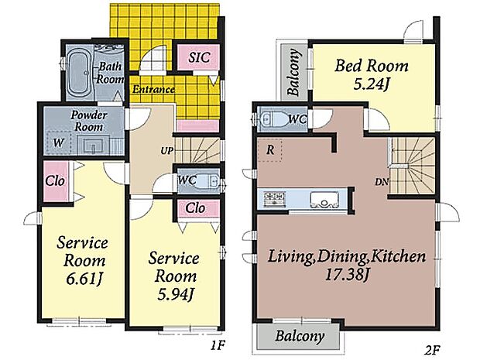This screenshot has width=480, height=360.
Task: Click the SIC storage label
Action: click(x=199, y=57)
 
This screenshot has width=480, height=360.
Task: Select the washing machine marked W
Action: click(x=59, y=142)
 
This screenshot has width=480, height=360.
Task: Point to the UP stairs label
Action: click(x=166, y=151)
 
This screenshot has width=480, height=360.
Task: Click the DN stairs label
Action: click(x=382, y=182)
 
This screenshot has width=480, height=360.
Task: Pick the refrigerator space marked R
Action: click(x=269, y=150)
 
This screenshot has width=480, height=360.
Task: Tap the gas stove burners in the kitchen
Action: click(x=275, y=199)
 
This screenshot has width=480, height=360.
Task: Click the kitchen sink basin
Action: click(x=324, y=199)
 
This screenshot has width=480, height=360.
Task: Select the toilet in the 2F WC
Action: click(x=273, y=119)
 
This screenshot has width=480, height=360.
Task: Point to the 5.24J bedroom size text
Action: click(x=371, y=84)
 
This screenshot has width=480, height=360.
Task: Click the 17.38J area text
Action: click(x=346, y=275)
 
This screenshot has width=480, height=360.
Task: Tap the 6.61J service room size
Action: click(x=84, y=279)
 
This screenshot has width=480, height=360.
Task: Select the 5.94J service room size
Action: click(x=176, y=294)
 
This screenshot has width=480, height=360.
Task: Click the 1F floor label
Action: click(x=218, y=345)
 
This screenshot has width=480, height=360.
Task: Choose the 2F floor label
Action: click(x=432, y=348)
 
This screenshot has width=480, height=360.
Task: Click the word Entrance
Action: click(x=153, y=89)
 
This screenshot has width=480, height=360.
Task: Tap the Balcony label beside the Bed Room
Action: click(x=294, y=72)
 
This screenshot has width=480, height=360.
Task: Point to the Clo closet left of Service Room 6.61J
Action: click(x=55, y=181)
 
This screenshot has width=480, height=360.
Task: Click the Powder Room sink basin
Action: click(x=92, y=146)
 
